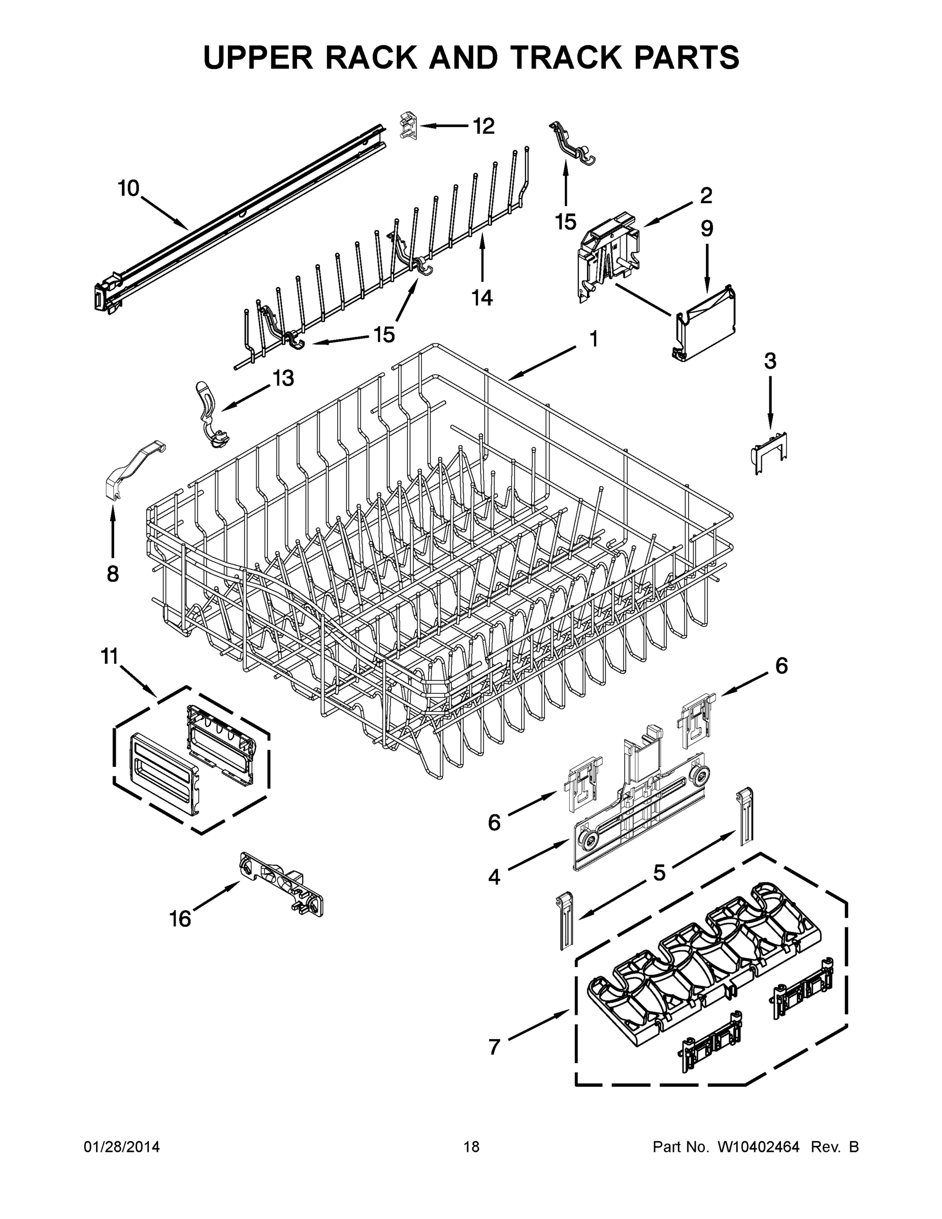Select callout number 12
[483, 126]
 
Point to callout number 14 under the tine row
[482, 298]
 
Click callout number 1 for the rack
[593, 339]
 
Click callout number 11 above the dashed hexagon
[110, 657]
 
